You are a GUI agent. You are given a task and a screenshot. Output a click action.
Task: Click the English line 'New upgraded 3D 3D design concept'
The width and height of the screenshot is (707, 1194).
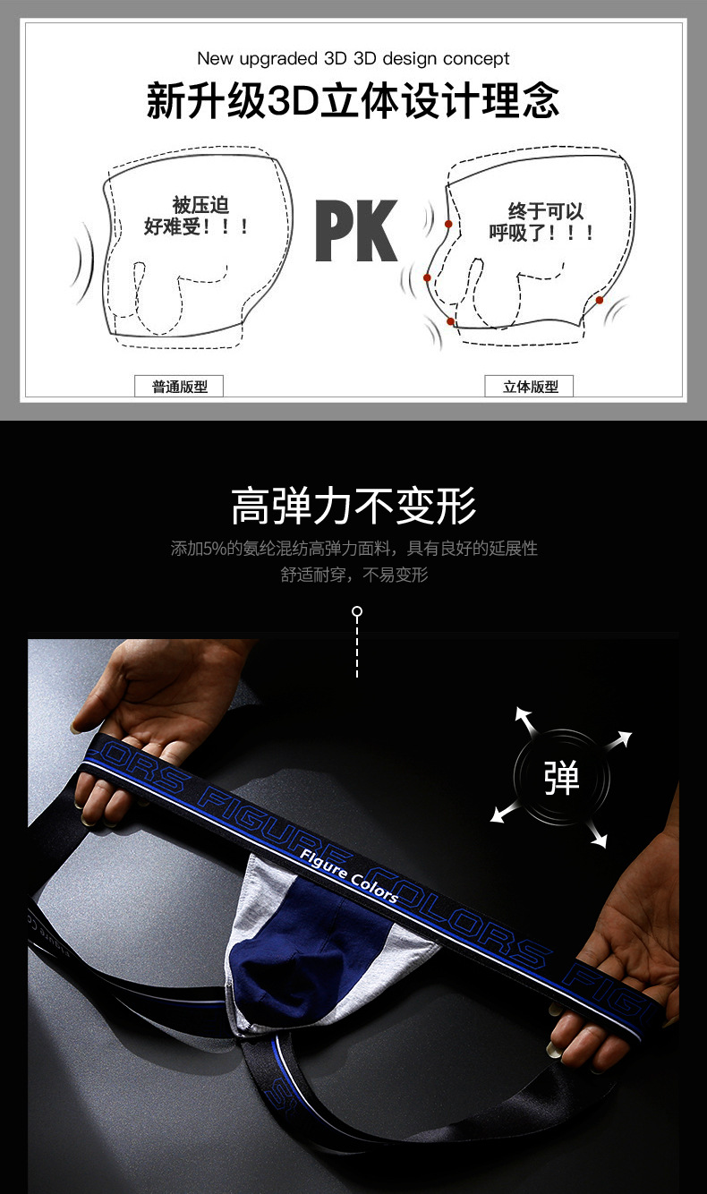[353, 59]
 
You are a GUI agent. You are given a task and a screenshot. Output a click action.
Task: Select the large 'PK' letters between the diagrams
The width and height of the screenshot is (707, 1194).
[356, 232]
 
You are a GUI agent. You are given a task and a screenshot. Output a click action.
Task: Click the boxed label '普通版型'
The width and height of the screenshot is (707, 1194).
[179, 387]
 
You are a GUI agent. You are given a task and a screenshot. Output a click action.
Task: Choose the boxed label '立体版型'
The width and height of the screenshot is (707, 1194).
[530, 387]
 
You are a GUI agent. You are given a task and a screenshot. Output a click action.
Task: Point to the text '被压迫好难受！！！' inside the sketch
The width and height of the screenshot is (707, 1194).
[196, 217]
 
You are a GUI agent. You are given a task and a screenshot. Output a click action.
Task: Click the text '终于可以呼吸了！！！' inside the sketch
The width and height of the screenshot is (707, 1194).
[542, 222]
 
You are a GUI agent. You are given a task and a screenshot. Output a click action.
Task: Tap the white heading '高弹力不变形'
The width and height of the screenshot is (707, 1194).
[353, 506]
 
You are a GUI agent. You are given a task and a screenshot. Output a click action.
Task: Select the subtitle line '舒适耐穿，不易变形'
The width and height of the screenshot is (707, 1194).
[353, 575]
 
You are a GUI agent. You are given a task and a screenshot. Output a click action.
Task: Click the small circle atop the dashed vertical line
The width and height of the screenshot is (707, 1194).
[357, 612]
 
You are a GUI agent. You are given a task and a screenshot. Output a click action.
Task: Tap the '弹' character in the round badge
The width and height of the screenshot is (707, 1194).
[562, 777]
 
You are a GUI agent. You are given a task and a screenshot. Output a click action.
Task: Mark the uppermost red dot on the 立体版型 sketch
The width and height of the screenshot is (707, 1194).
[448, 224]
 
